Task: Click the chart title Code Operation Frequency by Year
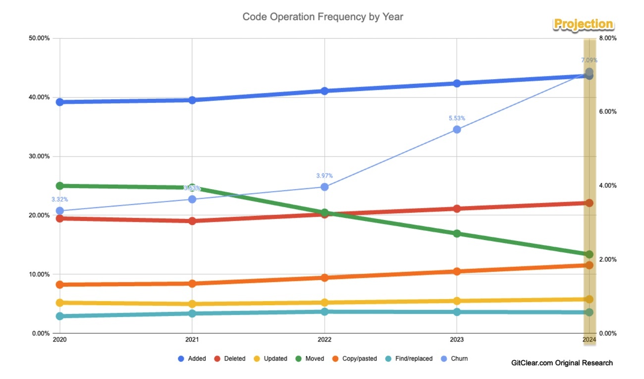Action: (322, 17)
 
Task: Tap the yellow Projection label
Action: (583, 24)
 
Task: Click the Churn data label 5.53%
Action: (457, 118)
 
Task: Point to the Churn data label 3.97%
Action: (324, 176)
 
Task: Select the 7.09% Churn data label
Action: (589, 60)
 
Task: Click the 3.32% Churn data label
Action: (59, 200)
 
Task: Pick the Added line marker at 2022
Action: (324, 91)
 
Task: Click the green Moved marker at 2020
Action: (60, 186)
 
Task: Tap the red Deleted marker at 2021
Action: (192, 220)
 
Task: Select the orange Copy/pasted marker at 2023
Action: (457, 271)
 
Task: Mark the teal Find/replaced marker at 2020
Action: (60, 316)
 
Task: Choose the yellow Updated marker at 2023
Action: (457, 301)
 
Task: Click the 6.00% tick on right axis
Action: (608, 112)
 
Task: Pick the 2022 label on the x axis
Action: (324, 340)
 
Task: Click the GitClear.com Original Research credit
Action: (562, 363)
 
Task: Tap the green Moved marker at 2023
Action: (457, 233)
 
